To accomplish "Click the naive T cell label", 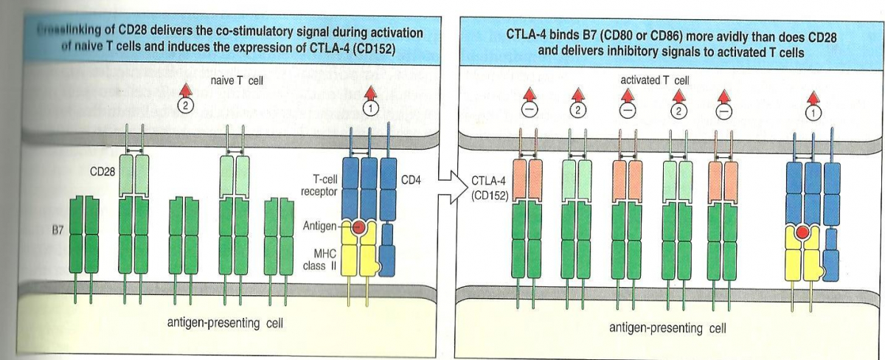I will coord(239,80).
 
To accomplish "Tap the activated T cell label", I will coord(656,80).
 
